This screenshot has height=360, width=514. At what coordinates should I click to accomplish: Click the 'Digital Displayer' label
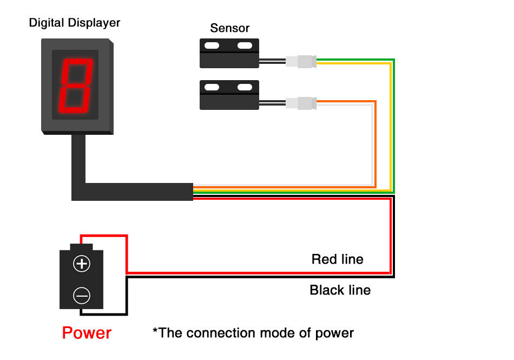tap(75, 23)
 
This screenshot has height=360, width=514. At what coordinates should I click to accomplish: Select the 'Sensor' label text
tap(230, 28)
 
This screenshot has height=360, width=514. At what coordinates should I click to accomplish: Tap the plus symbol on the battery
tap(82, 264)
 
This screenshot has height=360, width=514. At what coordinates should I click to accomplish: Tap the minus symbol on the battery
tap(82, 296)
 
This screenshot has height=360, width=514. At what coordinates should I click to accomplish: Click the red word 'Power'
tap(87, 332)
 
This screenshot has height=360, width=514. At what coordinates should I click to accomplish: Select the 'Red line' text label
tap(337, 259)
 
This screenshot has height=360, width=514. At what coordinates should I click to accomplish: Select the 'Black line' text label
tap(340, 290)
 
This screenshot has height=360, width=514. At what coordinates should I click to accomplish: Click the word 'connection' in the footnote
tap(228, 332)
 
